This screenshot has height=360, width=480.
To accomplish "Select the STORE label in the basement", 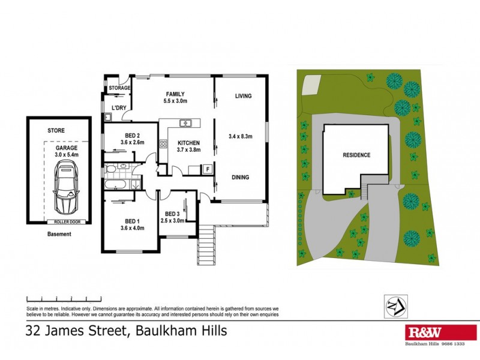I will point(56,130).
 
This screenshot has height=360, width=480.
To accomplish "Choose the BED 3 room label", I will point(173,214).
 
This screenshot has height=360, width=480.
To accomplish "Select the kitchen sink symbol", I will point(186,124).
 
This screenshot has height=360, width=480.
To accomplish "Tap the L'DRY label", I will point(118,108).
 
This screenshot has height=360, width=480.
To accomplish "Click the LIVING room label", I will point(243,96).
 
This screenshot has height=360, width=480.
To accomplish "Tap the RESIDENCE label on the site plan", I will point(356,155).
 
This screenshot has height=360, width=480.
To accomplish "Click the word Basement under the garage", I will point(59,234).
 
